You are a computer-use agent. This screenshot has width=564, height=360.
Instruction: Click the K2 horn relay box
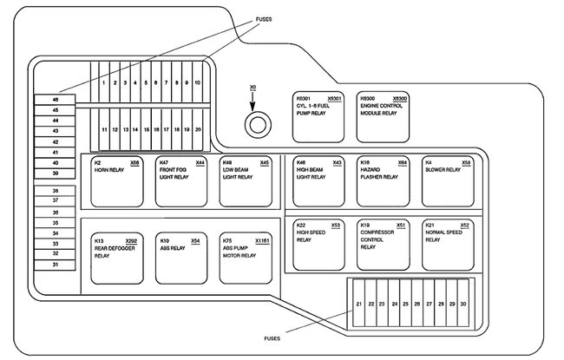115,181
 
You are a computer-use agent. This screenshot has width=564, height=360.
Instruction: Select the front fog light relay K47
181,181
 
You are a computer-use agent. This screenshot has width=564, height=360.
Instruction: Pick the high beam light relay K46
319,181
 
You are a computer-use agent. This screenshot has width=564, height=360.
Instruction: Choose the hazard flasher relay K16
384,181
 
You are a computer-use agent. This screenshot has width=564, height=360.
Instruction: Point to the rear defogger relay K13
115,259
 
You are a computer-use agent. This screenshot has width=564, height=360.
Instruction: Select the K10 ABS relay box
181,259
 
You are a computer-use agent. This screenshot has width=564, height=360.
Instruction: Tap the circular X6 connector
254,128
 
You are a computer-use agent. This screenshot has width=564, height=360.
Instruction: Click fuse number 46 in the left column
56,100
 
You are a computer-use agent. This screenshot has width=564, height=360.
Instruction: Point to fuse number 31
56,264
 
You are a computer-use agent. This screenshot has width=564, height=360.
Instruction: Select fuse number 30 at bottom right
463,304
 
